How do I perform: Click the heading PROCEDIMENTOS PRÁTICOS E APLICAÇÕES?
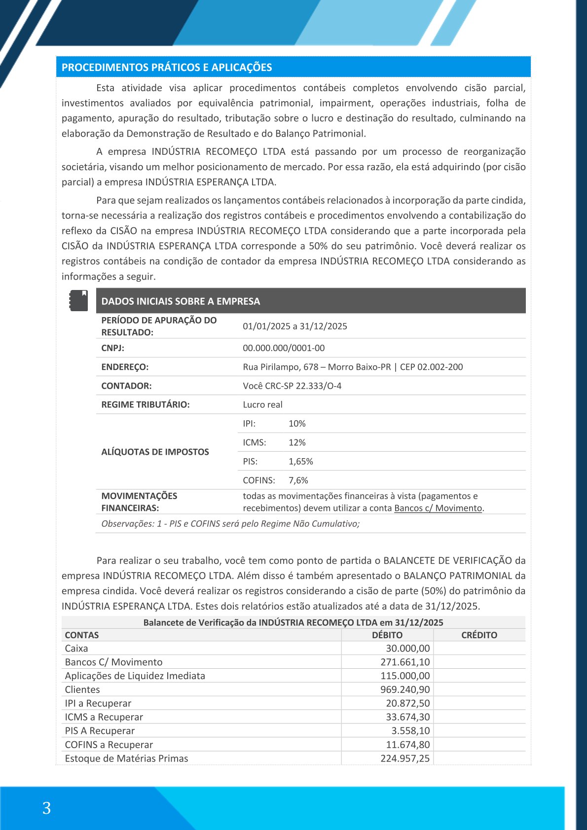(x=167, y=68)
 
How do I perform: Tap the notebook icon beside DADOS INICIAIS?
(x=78, y=300)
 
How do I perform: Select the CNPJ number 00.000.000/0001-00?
(x=284, y=348)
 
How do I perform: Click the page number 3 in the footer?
(x=47, y=808)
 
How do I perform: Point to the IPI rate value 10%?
(x=297, y=424)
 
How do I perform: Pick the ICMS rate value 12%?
(x=297, y=442)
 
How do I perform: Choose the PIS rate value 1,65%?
(x=301, y=462)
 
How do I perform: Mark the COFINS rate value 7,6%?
(x=298, y=480)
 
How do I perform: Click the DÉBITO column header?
(x=387, y=635)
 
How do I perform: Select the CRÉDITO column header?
(x=479, y=635)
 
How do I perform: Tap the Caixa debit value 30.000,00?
(x=408, y=649)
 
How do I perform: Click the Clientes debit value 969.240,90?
(x=405, y=689)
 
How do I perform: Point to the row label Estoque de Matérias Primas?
(x=126, y=758)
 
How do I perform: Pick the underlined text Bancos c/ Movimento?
(x=438, y=508)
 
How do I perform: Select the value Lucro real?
(x=262, y=405)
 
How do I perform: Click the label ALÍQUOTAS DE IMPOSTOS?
(x=155, y=452)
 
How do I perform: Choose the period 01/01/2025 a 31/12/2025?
(x=295, y=326)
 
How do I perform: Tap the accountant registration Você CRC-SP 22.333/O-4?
(x=292, y=386)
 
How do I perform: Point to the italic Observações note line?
(x=230, y=524)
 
